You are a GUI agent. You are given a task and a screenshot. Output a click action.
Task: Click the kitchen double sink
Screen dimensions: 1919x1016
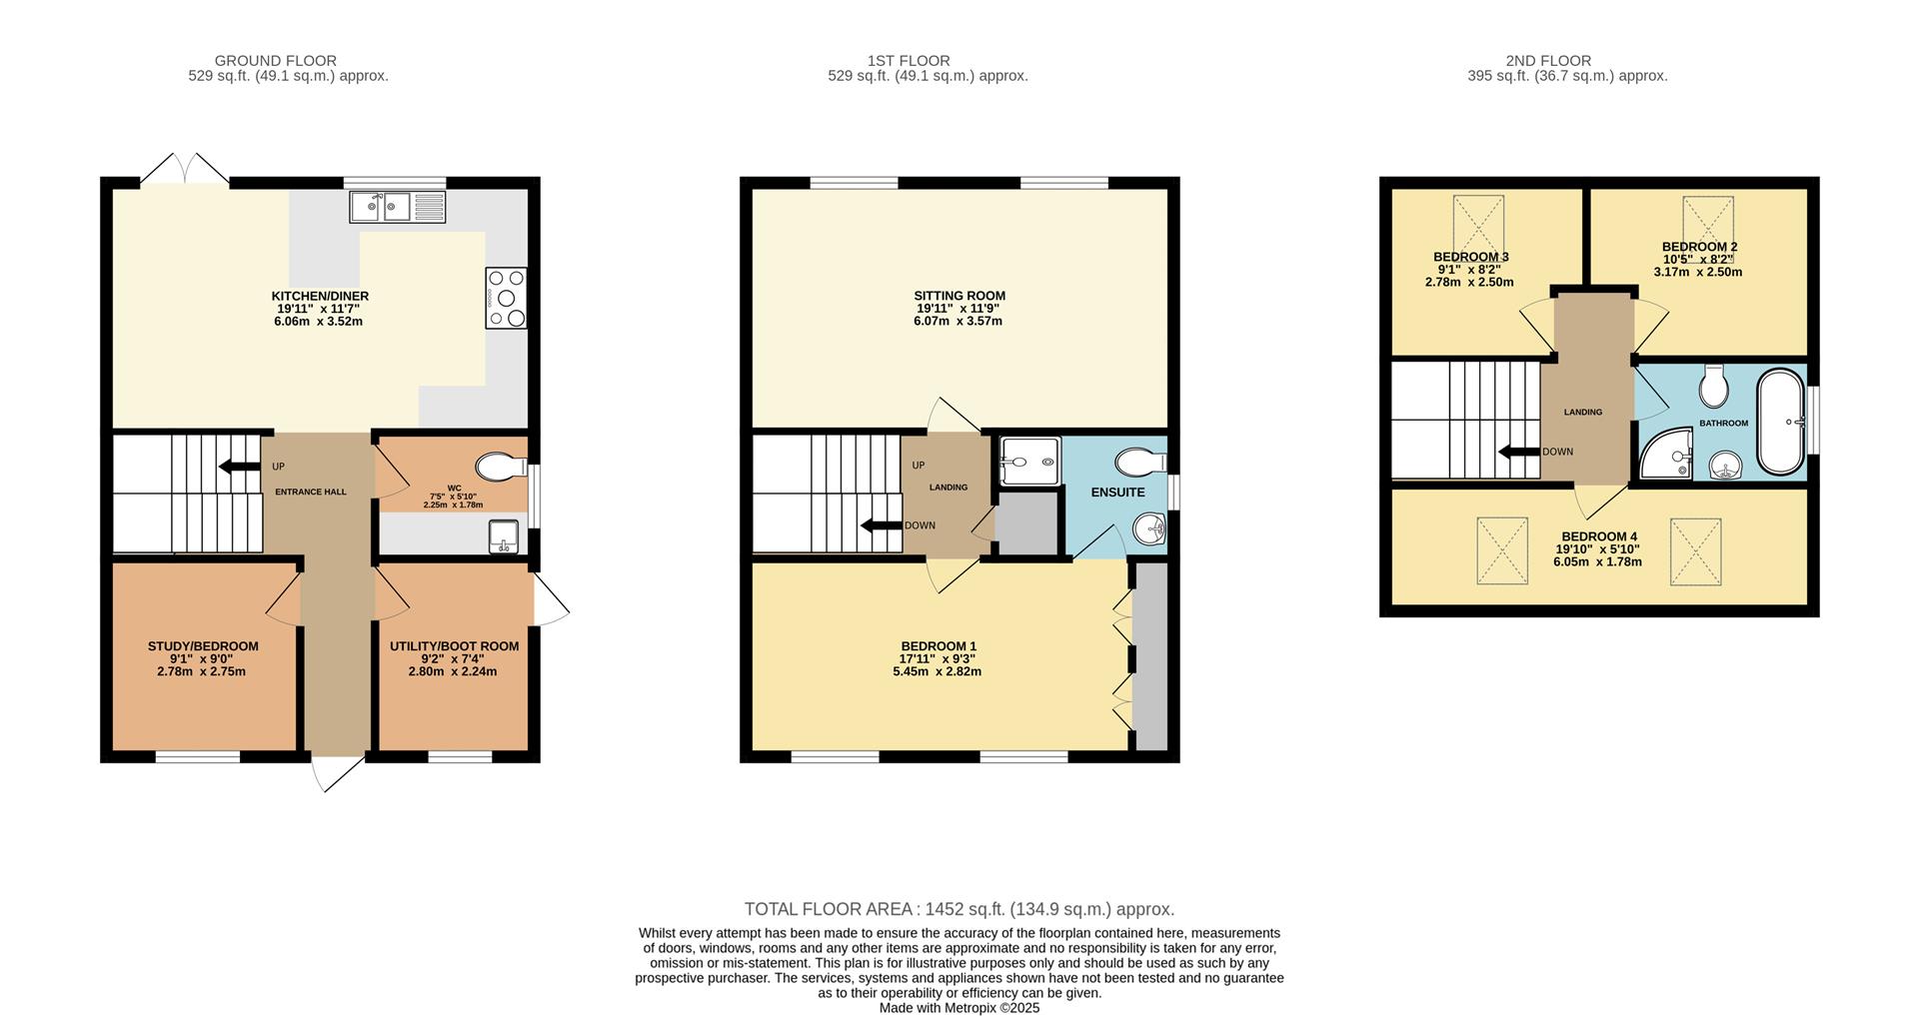[398, 207]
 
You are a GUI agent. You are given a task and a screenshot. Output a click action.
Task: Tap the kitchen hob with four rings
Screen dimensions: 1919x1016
[506, 298]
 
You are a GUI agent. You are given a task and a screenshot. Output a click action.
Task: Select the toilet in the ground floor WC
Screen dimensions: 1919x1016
[502, 467]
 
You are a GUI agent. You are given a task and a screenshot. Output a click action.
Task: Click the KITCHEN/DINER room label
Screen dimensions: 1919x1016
[320, 296]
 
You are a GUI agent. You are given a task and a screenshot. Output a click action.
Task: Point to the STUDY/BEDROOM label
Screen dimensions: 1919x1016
[203, 646]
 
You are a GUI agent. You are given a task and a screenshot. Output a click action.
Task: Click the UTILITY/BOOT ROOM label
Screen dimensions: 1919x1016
[454, 646]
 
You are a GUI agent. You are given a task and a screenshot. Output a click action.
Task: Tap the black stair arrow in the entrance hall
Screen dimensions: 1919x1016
[239, 466]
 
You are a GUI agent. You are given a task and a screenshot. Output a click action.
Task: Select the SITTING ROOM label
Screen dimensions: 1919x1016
[959, 296]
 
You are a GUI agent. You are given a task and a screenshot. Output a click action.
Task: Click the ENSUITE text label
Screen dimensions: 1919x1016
[1117, 493]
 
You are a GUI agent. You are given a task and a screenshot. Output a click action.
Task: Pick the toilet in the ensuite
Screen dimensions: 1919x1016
[1140, 462]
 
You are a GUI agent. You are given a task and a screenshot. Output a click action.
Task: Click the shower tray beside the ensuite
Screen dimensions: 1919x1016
[1028, 462]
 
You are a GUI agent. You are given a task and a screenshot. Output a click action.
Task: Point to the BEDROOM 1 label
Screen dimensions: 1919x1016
[939, 646]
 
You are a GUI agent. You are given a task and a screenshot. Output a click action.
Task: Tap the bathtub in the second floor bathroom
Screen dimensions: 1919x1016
[1781, 422]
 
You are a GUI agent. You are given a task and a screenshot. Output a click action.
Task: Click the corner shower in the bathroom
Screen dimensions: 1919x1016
[1666, 455]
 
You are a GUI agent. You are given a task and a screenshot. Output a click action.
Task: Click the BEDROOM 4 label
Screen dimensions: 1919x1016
[1599, 536]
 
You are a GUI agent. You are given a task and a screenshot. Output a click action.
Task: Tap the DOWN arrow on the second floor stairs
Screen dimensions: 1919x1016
[1518, 452]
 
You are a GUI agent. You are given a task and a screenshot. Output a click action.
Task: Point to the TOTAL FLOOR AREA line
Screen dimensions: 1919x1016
[959, 909]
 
